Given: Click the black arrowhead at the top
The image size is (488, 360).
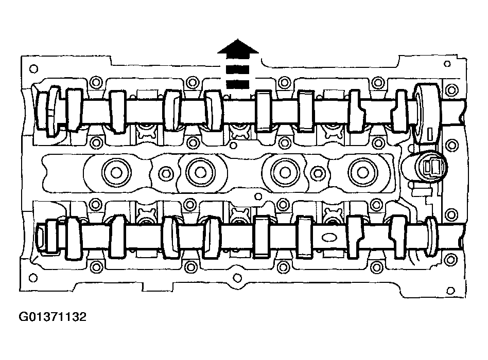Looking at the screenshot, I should (237, 48).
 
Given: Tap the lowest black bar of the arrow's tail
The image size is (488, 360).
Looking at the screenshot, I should (237, 83).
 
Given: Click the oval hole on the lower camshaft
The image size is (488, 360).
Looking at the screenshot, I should (328, 237).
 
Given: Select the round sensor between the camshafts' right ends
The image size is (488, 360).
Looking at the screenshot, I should (426, 167).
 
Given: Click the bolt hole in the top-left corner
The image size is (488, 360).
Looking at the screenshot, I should (34, 68).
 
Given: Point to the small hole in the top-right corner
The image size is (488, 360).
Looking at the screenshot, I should (447, 64).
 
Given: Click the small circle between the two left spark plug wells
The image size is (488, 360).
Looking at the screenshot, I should (165, 173).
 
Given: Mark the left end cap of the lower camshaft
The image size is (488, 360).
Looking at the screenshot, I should (42, 239).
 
